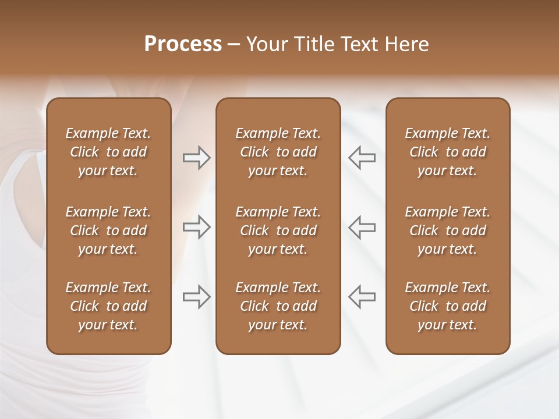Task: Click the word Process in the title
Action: point(183,44)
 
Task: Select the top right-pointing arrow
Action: point(196,158)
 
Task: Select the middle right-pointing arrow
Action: point(196,226)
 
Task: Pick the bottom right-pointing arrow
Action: point(196,296)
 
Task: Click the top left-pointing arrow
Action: point(362,158)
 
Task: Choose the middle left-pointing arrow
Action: point(362,226)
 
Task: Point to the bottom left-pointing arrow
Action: point(362,296)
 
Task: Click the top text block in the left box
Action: point(108,152)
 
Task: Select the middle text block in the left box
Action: point(108,230)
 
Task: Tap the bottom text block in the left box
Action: point(108,306)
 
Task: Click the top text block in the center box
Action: point(278,152)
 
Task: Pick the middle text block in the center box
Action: point(278,230)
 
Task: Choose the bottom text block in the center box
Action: point(278,306)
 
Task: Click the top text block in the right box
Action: point(448,152)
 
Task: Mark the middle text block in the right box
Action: point(448,230)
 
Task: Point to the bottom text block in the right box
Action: point(448,306)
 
